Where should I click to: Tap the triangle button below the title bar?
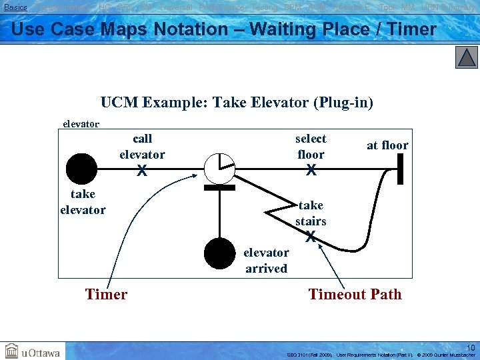(467, 58)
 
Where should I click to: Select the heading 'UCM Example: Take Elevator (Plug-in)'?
(237, 103)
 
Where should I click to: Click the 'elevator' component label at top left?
(81, 123)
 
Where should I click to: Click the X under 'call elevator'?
(142, 171)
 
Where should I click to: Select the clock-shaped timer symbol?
(219, 168)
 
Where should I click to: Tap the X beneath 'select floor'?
(311, 171)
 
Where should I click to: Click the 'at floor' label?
(387, 145)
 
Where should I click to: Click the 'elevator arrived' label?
(266, 261)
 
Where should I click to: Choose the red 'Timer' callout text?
(106, 294)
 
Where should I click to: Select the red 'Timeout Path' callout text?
(355, 294)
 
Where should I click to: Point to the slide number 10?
(471, 347)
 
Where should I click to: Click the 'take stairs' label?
(311, 213)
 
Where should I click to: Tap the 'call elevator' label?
(142, 147)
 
